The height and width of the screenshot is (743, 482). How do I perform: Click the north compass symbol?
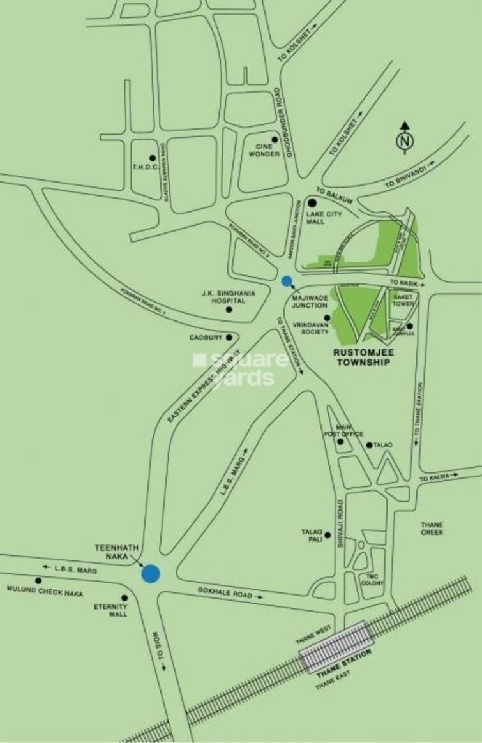(404, 140)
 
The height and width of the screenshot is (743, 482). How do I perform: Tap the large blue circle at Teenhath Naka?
(151, 573)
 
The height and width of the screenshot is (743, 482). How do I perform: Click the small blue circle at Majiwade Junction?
(287, 280)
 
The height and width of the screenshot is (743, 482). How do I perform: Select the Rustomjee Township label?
(363, 356)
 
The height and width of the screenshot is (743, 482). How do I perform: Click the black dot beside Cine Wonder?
(275, 139)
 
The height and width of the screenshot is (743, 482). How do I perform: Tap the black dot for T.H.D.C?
(152, 158)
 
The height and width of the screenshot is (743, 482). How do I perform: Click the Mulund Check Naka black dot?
(38, 581)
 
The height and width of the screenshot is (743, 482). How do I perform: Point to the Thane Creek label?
(433, 529)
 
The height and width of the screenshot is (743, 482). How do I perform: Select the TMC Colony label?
(373, 580)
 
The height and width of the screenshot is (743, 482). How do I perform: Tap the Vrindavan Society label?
(310, 328)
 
